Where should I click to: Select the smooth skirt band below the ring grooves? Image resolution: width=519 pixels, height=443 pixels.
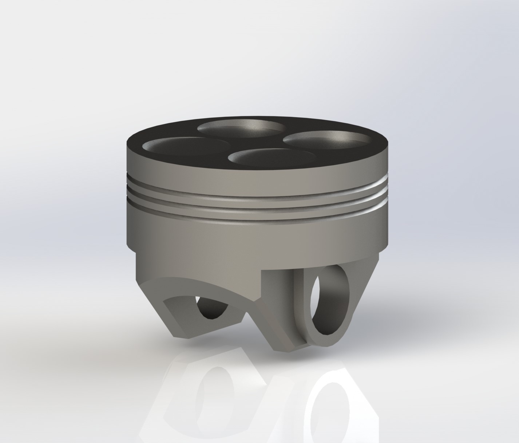(255, 237)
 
